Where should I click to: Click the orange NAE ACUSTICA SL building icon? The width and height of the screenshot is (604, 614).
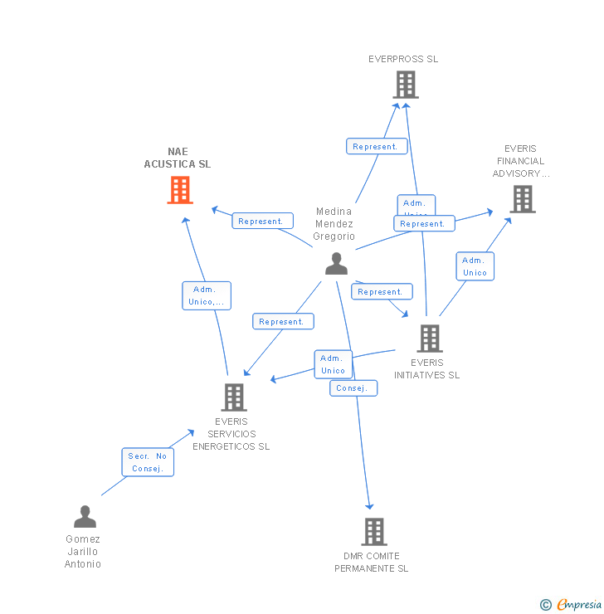tap(180, 190)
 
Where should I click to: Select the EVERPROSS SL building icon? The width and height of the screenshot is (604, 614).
tap(405, 85)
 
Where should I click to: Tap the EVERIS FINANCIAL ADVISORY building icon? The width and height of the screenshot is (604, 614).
tap(522, 199)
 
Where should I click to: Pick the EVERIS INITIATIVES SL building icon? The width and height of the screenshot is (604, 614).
tap(429, 339)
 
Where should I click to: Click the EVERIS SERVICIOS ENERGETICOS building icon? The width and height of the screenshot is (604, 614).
tap(233, 397)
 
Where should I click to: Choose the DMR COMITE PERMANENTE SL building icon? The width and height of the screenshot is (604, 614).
tap(373, 532)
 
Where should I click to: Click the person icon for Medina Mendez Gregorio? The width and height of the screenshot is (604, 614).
tap(336, 264)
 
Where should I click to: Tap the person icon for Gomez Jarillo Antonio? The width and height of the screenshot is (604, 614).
tap(85, 517)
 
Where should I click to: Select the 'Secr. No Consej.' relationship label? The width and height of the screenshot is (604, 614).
tap(149, 462)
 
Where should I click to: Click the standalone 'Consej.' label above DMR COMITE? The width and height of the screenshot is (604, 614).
tap(353, 387)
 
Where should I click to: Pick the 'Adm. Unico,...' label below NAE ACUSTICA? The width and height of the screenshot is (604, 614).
tap(207, 295)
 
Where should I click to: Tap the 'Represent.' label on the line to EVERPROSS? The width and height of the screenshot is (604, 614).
tap(377, 146)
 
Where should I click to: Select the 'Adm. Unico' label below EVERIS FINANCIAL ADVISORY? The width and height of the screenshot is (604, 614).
tap(475, 266)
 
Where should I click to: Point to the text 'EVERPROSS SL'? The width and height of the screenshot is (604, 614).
tap(403, 59)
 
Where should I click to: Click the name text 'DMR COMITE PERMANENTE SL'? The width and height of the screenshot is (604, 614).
tap(372, 562)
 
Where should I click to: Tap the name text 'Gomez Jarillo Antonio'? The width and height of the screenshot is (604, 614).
tap(83, 552)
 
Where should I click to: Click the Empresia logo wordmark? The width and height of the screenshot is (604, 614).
tap(578, 605)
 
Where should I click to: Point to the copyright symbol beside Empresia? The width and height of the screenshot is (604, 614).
tap(546, 605)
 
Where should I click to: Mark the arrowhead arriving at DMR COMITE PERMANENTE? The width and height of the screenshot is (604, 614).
tap(370, 506)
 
